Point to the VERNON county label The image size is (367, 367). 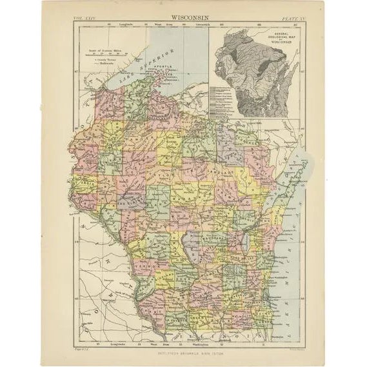click(146, 261)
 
